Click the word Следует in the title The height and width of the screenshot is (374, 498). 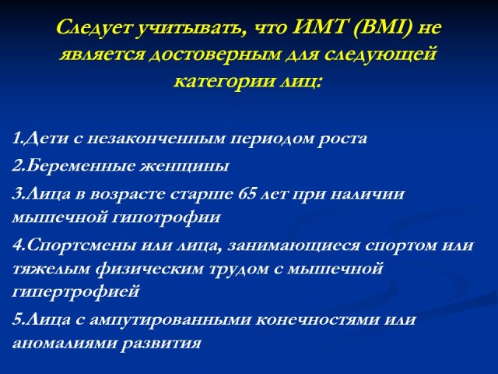93,28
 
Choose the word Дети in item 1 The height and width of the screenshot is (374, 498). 46,139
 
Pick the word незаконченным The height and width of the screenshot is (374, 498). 156,139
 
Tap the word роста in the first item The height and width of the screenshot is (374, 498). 342,139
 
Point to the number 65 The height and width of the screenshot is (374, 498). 247,193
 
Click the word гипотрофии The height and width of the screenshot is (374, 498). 167,218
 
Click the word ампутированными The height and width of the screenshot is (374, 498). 170,320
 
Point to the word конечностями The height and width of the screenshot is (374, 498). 317,320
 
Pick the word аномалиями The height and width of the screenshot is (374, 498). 64,344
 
